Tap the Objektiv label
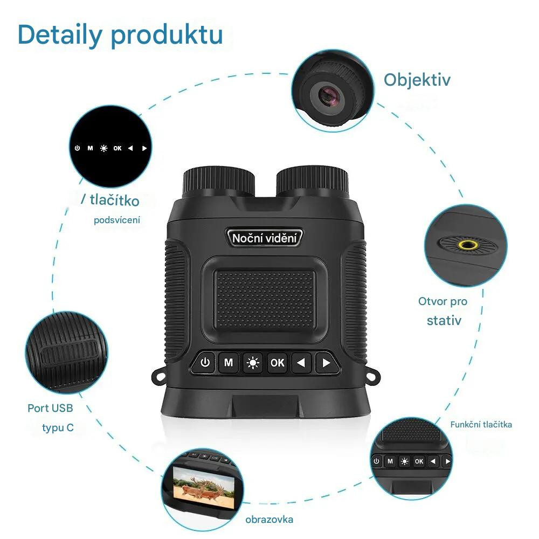417,80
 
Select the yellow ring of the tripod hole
467,245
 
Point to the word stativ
444,320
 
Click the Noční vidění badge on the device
264,238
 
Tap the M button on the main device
229,362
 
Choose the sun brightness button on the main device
253,363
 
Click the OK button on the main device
277,363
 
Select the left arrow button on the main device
301,363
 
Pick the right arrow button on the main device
326,363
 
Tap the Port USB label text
50,408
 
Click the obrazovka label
269,520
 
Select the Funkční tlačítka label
481,425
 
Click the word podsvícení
117,220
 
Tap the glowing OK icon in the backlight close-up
118,148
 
